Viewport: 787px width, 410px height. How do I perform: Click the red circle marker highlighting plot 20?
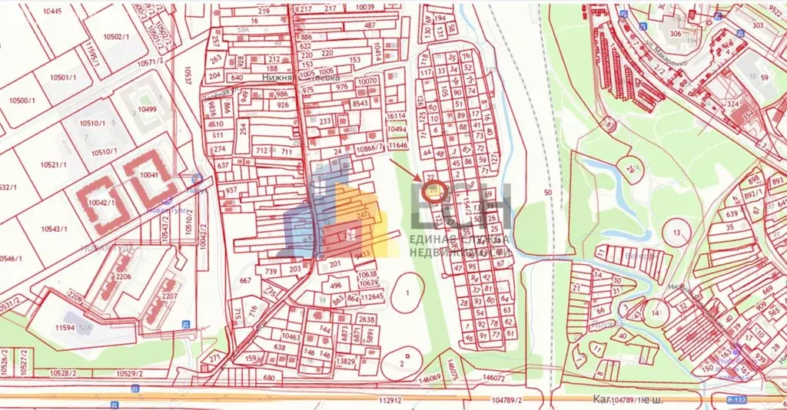point(433,191)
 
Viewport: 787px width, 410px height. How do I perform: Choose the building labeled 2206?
point(123,276)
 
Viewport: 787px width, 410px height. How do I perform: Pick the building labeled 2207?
point(170,296)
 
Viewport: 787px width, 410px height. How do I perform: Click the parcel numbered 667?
point(245,281)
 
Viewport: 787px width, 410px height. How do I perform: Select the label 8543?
point(360,104)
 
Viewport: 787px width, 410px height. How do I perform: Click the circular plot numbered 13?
point(676,232)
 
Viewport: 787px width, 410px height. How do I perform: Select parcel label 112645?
point(371,296)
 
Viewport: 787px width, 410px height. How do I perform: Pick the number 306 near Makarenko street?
point(676,34)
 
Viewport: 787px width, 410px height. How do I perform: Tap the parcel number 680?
point(268,378)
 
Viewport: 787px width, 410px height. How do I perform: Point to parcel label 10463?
point(291,336)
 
